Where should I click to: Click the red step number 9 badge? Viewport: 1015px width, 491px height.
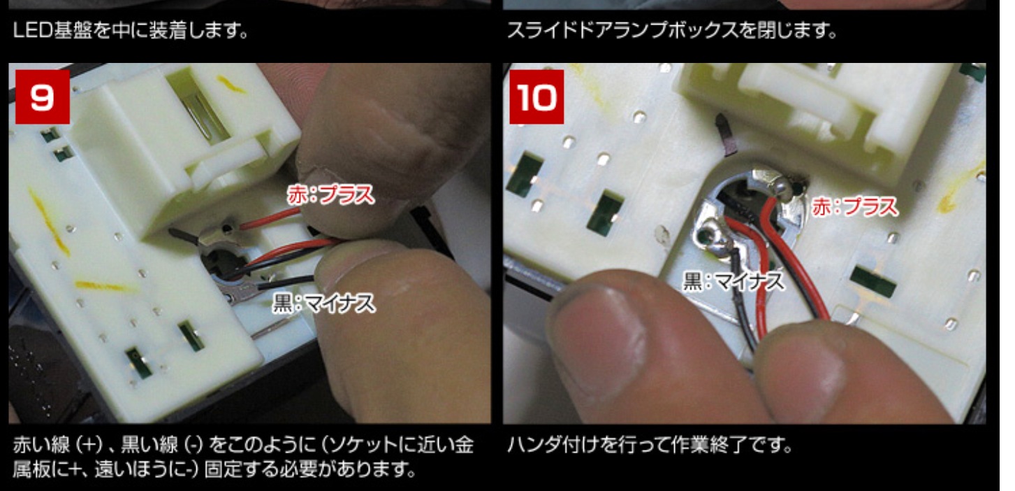pyautogui.click(x=43, y=97)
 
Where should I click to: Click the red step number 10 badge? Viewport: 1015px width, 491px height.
pyautogui.click(x=536, y=97)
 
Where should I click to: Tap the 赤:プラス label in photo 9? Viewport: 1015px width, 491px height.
pyautogui.click(x=331, y=195)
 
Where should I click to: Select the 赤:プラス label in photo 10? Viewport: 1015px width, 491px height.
pyautogui.click(x=854, y=207)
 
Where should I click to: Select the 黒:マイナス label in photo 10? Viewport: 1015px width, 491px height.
pyautogui.click(x=734, y=281)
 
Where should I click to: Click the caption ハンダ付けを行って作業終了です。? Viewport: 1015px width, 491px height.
pyautogui.click(x=650, y=445)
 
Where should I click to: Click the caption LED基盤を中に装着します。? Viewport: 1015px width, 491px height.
pyautogui.click(x=131, y=31)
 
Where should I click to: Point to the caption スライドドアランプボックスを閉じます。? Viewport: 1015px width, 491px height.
pyautogui.click(x=671, y=31)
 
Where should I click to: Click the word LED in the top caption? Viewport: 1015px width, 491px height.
pyautogui.click(x=33, y=31)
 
